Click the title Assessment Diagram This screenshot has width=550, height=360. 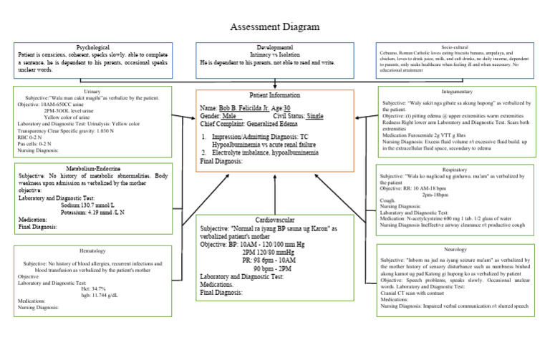[274, 27]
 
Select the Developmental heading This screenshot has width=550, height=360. [276, 46]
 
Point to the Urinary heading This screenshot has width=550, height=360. [92, 92]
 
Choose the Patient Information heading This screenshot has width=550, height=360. [275, 95]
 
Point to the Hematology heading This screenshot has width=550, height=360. [92, 251]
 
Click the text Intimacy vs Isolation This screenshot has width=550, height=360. [276, 54]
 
